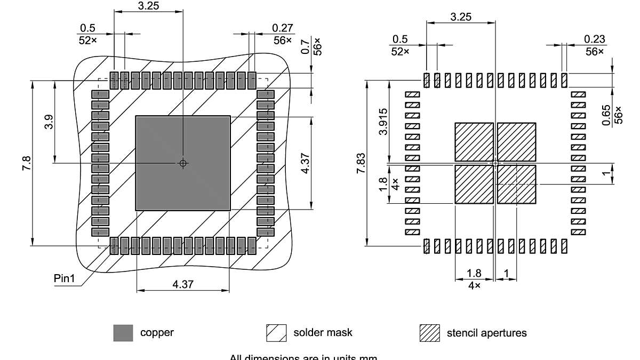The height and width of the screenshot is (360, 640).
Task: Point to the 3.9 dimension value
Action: pyautogui.click(x=49, y=122)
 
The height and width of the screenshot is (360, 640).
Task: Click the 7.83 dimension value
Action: pyautogui.click(x=361, y=163)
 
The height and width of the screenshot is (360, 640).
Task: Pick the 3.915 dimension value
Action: pyautogui.click(x=383, y=122)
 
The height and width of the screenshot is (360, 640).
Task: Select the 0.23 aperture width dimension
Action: pyautogui.click(x=595, y=39)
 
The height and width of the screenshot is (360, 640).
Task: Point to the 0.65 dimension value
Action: pyautogui.click(x=607, y=115)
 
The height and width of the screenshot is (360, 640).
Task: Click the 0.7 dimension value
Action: pyautogui.click(x=306, y=47)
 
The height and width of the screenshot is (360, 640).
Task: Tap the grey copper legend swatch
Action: pyautogui.click(x=123, y=333)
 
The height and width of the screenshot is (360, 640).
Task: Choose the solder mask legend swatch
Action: pyautogui.click(x=276, y=333)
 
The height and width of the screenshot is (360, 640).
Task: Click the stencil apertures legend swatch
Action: pyautogui.click(x=429, y=333)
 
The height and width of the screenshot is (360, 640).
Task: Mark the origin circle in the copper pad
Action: pyautogui.click(x=183, y=163)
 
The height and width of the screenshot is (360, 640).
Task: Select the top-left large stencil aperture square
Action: pyautogui.click(x=474, y=142)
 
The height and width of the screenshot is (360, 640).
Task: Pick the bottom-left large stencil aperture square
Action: pyautogui.click(x=474, y=184)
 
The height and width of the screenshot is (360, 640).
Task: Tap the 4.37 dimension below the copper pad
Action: pyautogui.click(x=183, y=284)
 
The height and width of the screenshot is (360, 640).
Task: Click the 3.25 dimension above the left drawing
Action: pyautogui.click(x=148, y=6)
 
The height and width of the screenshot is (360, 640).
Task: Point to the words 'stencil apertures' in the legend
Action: pyautogui.click(x=486, y=333)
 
